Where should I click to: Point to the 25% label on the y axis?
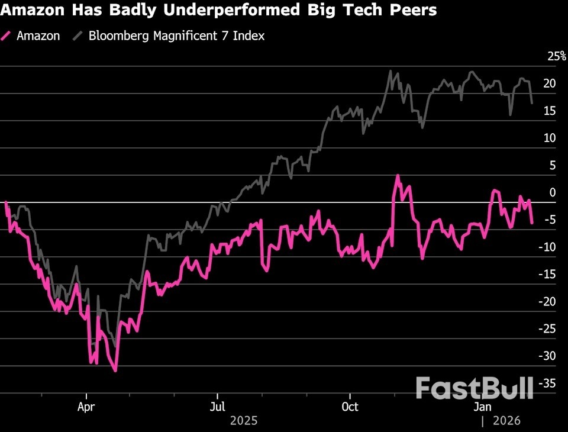coord(557,56)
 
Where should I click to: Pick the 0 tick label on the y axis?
coord(553,192)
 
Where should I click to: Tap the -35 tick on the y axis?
coord(547,383)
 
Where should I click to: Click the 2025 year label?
coord(244,420)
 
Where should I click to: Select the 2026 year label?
coord(506,420)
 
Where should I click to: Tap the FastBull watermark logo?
coord(474,388)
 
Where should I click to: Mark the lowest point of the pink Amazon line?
coord(115,371)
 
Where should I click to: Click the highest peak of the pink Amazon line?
coord(398,175)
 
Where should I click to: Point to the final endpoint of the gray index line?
coord(532,104)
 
